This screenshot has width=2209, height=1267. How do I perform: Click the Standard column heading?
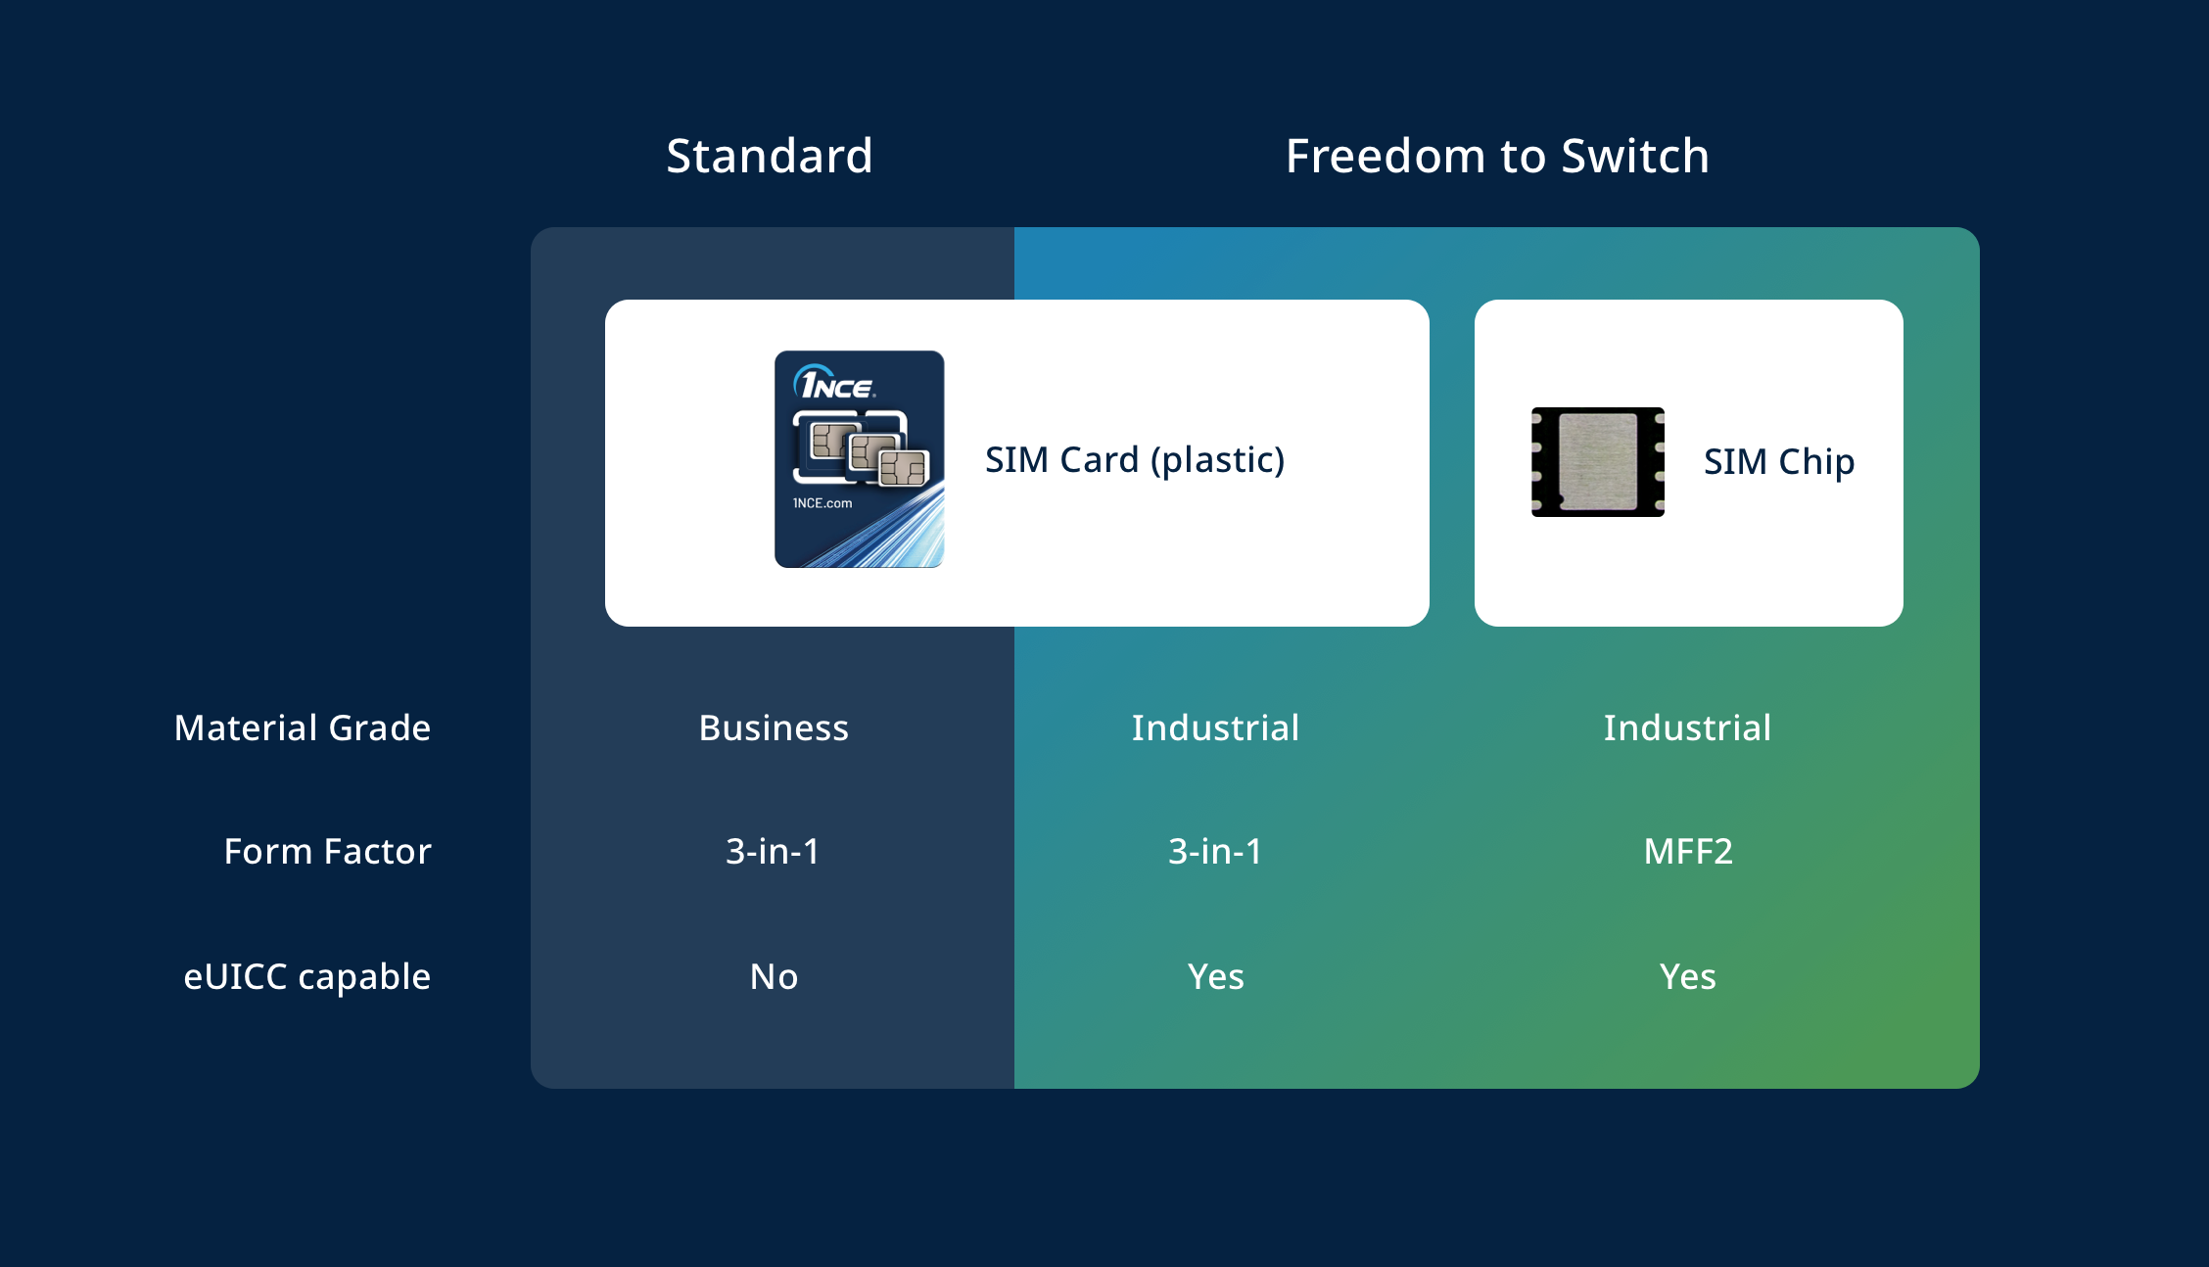(x=770, y=156)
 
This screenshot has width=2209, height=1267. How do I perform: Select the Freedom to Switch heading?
(x=1497, y=156)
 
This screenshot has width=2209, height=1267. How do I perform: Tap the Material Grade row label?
(x=303, y=728)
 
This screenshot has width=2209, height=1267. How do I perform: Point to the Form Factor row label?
(x=327, y=852)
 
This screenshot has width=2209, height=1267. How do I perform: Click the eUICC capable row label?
(x=307, y=977)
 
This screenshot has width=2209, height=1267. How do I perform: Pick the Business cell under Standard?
(x=774, y=728)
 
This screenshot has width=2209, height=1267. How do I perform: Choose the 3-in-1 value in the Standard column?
(x=773, y=852)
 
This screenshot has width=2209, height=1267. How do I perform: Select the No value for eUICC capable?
(x=774, y=977)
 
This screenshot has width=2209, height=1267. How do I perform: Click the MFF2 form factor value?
(x=1688, y=852)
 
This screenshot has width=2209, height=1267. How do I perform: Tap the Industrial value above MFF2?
(x=1687, y=728)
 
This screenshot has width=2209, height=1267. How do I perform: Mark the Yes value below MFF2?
(x=1687, y=977)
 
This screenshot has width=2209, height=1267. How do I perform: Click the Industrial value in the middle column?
(x=1215, y=728)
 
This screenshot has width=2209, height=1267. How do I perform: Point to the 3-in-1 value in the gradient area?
(x=1215, y=852)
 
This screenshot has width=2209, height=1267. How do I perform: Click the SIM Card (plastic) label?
(x=1135, y=460)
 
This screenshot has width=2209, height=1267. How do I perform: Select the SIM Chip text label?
(x=1779, y=461)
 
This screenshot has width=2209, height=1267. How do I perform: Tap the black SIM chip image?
(x=1598, y=462)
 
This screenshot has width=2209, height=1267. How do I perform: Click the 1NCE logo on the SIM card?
(x=834, y=383)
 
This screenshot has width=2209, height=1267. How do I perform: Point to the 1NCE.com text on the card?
(x=822, y=503)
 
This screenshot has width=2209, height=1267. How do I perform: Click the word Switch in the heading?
(x=1635, y=156)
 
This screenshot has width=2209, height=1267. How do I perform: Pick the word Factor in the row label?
(x=377, y=852)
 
